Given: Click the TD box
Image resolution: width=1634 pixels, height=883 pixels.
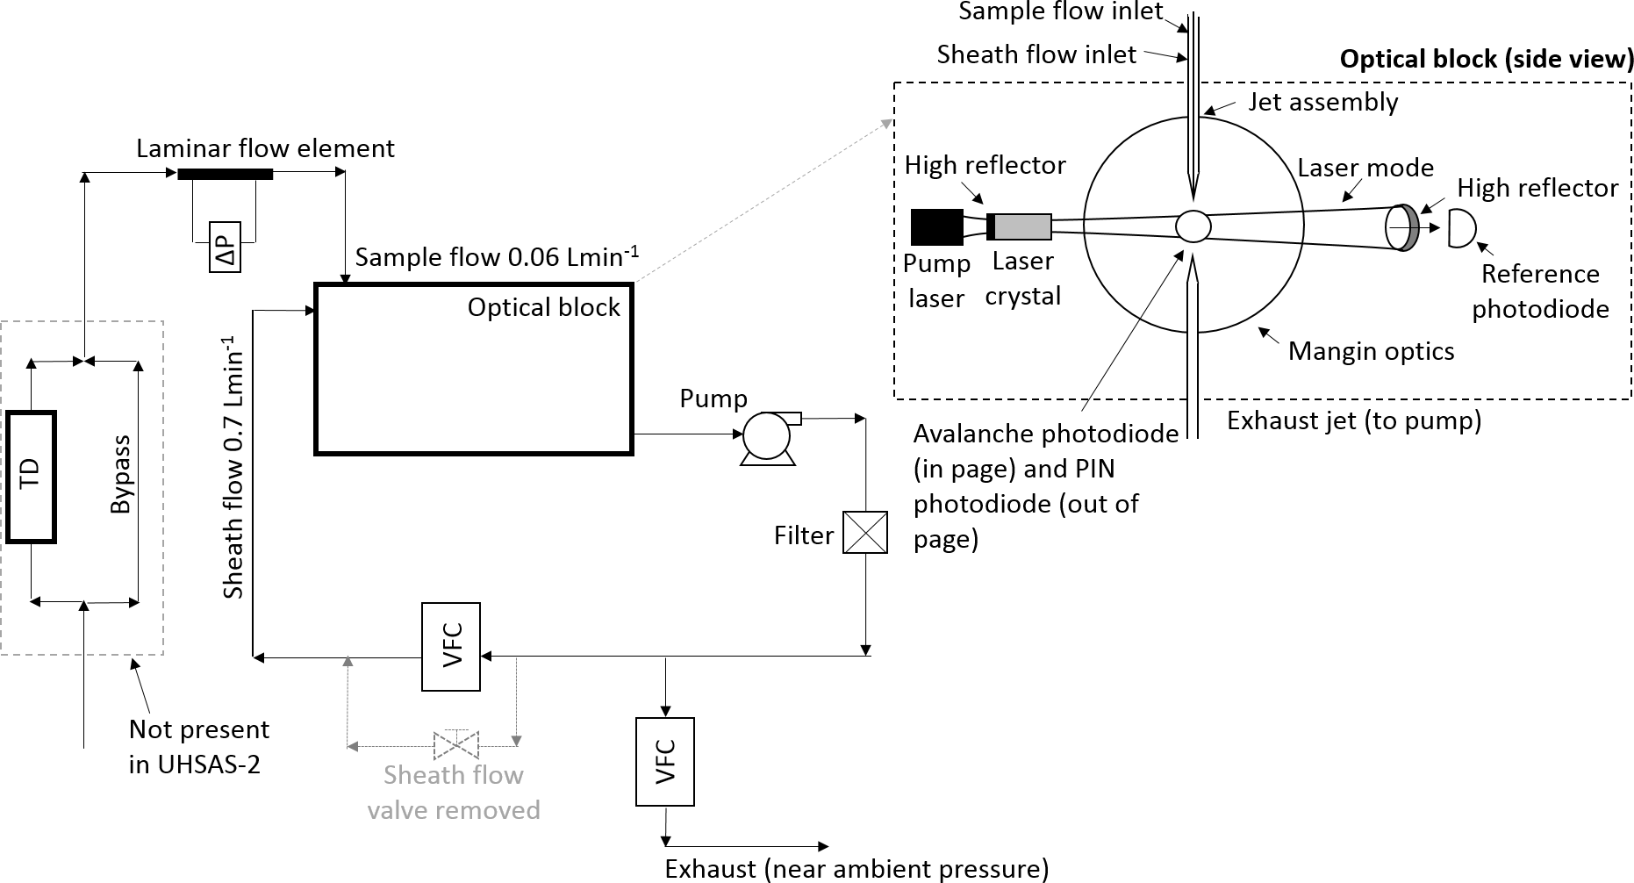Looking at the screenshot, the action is point(32,477).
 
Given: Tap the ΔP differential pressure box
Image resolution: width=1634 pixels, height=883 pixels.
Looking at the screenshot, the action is point(225,246).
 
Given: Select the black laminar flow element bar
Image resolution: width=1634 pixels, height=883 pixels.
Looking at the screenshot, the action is point(226,174).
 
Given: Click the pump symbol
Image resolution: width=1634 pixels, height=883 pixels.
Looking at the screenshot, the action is point(769,437).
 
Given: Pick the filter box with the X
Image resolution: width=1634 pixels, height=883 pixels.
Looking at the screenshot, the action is point(865,533).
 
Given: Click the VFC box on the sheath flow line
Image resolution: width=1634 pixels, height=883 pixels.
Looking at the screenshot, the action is point(451,647).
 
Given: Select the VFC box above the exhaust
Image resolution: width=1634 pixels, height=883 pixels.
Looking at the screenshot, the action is point(665,762).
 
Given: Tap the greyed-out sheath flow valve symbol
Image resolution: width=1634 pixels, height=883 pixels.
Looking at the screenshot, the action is point(455,745).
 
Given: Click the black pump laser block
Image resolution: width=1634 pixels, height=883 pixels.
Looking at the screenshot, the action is point(937,227).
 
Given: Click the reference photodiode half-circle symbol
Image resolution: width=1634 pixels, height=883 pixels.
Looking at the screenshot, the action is point(1460,228).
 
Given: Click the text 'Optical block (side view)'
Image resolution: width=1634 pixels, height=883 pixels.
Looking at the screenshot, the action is point(1487,59).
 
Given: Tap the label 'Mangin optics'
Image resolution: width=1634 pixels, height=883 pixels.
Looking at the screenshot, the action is point(1371,351).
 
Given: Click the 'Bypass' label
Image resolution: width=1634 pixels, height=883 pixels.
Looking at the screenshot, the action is point(121,475).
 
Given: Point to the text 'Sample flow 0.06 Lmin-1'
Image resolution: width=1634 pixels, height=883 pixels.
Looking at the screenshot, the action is point(497,256).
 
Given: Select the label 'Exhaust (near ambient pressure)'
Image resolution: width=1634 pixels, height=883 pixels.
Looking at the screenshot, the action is point(856,869).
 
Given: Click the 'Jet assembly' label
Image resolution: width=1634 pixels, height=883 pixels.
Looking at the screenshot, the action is point(1323,102).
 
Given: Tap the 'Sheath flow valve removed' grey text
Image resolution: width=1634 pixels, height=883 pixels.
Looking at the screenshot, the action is point(454,793).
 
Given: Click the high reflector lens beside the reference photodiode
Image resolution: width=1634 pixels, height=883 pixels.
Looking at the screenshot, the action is point(1401,228).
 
